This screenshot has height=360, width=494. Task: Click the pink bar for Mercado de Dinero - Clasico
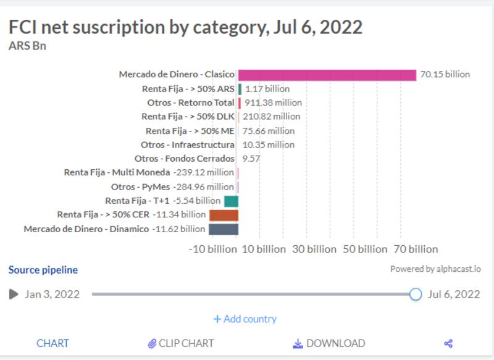(327, 75)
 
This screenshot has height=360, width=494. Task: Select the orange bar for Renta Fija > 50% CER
(224, 215)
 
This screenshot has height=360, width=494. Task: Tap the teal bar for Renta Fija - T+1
(231, 201)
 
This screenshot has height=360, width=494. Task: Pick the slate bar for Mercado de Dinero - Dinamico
(223, 229)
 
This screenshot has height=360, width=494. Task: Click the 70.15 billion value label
(445, 75)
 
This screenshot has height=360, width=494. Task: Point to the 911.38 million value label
(273, 103)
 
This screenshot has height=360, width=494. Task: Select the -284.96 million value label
(204, 186)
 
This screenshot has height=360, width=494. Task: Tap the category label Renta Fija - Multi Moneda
(117, 172)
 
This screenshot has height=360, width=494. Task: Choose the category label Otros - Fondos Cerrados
(184, 159)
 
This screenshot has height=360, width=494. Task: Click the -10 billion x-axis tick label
(212, 249)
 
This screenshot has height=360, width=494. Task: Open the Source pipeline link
(43, 270)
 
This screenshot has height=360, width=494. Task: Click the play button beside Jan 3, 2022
(14, 294)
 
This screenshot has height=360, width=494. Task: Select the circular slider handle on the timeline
(416, 294)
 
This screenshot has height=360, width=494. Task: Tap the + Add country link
(245, 319)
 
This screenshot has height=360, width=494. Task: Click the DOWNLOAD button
(329, 343)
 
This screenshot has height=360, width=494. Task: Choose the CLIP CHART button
(181, 343)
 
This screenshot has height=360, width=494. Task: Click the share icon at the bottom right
(449, 343)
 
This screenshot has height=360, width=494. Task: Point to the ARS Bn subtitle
(28, 46)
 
